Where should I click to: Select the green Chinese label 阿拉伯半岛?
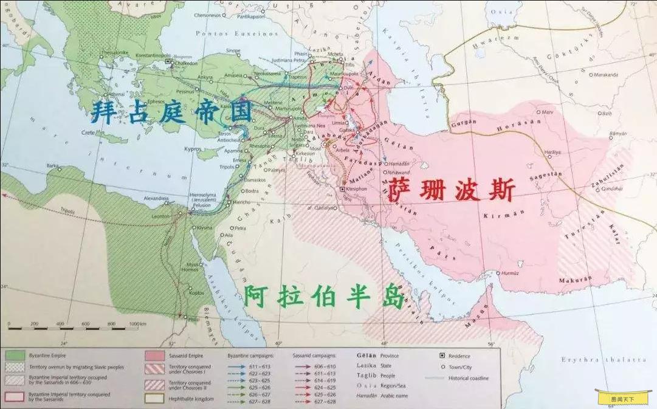[324, 297]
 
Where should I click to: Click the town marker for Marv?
[539, 112]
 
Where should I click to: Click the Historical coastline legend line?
[442, 378]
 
